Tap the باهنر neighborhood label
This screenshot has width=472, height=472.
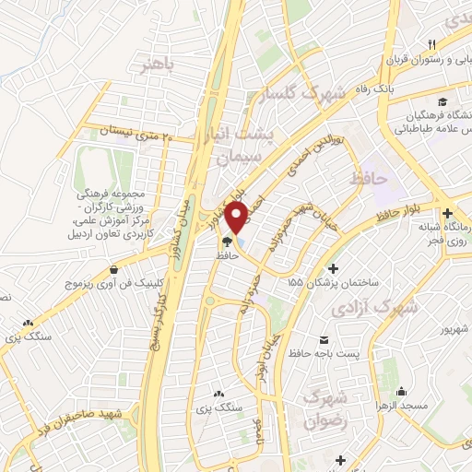[157, 66]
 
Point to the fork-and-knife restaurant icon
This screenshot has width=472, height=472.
[431, 45]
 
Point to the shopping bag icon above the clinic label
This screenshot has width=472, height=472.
[113, 270]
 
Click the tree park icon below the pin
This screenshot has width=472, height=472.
[225, 243]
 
